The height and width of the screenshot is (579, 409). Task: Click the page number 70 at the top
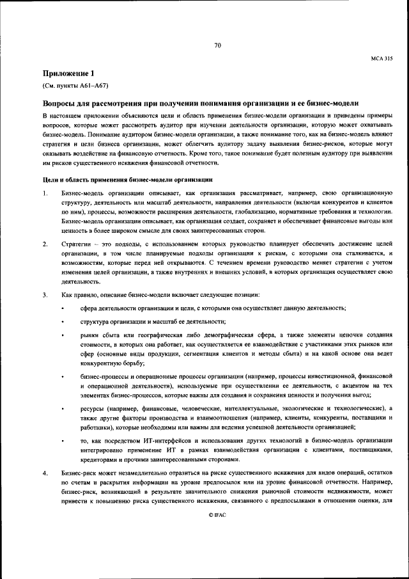click(217, 45)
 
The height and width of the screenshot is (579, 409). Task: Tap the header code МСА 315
click(382, 58)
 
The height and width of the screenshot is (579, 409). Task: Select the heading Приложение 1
click(68, 73)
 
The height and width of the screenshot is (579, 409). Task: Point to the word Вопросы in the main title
click(61, 103)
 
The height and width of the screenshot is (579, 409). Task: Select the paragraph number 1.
click(45, 193)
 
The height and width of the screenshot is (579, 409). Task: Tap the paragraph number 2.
click(45, 243)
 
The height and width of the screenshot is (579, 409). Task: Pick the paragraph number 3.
click(45, 294)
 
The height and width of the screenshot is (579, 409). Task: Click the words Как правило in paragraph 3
click(77, 294)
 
